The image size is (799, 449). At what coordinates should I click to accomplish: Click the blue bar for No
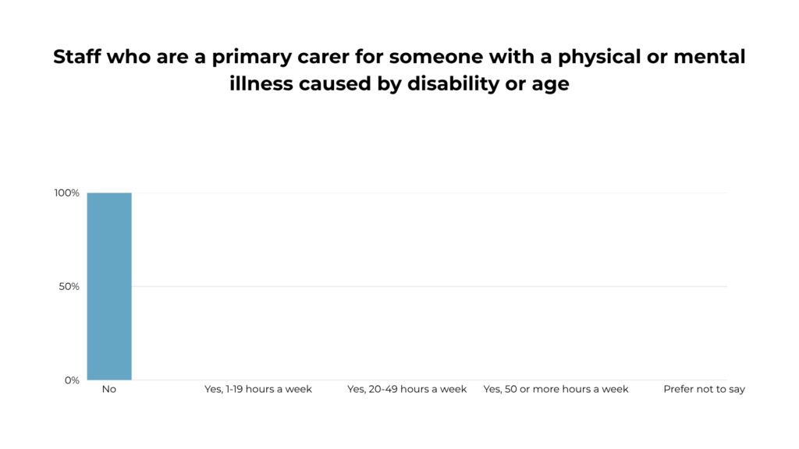[x=109, y=286]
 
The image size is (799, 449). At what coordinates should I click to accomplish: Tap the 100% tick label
[x=67, y=193]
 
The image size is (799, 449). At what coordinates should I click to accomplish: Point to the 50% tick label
[x=69, y=287]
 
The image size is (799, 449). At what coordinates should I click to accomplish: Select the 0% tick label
[x=72, y=380]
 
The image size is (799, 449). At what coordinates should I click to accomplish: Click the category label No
[x=109, y=390]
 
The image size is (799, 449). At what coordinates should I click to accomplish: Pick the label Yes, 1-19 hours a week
[x=257, y=390]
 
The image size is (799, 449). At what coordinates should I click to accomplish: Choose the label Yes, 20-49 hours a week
[x=407, y=390]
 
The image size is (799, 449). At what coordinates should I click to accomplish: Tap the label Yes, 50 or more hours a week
[x=556, y=390]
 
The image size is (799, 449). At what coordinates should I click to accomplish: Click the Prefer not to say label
[x=705, y=390]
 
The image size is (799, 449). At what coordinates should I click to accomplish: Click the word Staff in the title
[x=76, y=56]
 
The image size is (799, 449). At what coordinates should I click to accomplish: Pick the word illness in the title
[x=261, y=83]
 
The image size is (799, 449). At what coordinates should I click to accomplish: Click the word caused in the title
[x=335, y=83]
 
